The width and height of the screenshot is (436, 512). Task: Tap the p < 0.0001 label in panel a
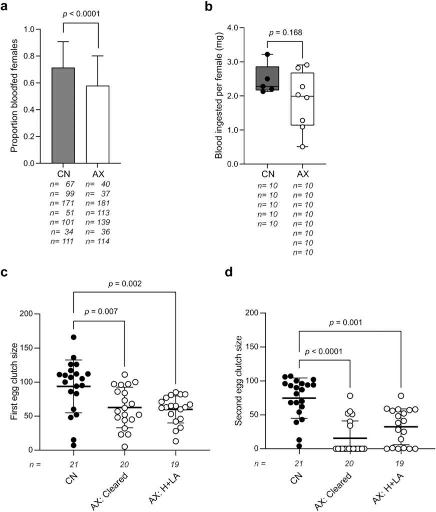point(81,14)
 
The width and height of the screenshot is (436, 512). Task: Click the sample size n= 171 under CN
point(63,203)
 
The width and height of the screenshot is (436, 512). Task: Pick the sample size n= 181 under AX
point(98,203)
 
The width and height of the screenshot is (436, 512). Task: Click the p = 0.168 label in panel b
point(286,33)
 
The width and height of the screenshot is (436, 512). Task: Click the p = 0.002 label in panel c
point(125,283)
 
